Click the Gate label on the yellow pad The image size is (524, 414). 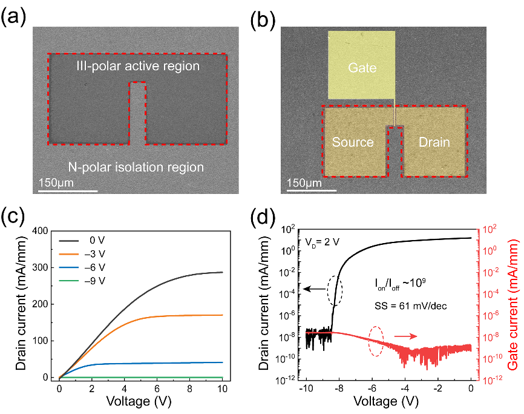tap(362, 68)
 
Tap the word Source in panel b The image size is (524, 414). tap(353, 142)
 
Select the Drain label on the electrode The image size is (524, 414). tap(434, 142)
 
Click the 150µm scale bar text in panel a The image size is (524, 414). tap(56, 182)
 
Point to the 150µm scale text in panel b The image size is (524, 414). tap(304, 182)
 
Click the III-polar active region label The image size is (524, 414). tap(138, 66)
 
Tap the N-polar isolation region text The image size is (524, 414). tap(136, 167)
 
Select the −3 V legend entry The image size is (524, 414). tap(82, 254)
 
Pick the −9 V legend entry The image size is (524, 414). tap(82, 281)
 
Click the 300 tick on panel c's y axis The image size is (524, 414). tap(40, 267)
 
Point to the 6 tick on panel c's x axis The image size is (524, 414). tap(157, 389)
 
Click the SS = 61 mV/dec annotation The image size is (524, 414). tap(410, 306)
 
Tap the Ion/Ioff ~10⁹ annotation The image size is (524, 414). tap(400, 284)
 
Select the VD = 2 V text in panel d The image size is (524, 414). tap(322, 242)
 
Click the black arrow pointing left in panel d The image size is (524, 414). tap(315, 289)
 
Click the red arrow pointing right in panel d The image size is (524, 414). tap(405, 336)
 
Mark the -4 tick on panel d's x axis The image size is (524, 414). tap(405, 389)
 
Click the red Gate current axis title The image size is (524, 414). tap(513, 304)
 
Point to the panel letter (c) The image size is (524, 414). tap(13, 216)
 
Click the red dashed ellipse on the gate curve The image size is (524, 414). tap(369, 341)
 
